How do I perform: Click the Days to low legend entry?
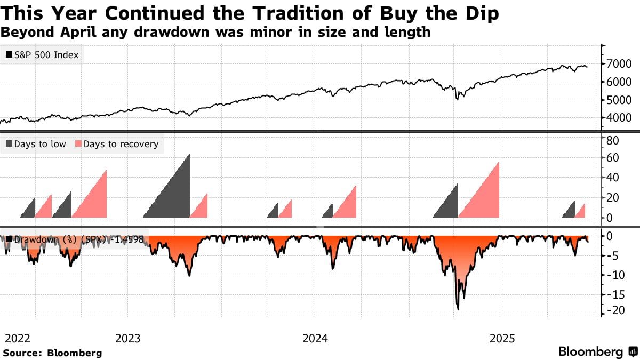pyautogui.click(x=36, y=144)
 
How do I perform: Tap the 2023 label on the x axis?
pyautogui.click(x=127, y=338)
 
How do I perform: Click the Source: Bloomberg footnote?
pyautogui.click(x=52, y=353)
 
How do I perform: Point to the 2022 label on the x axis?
pyautogui.click(x=17, y=338)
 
